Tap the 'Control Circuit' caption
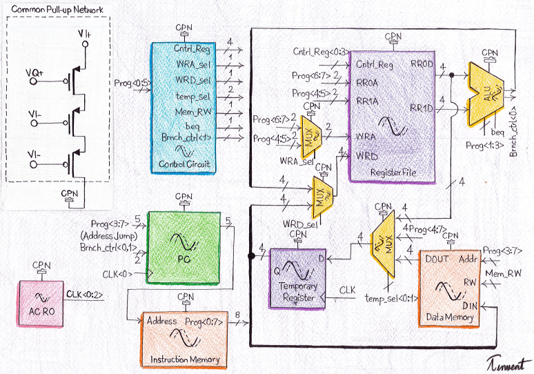[x=185, y=164]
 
